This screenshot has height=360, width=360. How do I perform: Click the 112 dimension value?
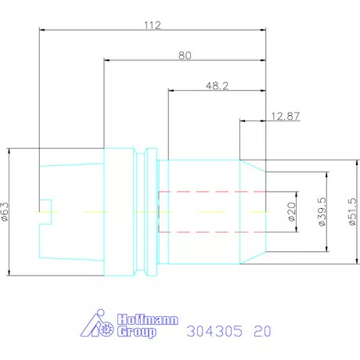153,25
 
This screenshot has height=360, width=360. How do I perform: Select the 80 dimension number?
185,56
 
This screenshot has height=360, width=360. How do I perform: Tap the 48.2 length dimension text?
217,85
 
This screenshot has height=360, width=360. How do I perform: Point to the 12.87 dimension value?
286,116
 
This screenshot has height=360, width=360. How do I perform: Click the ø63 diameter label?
5,212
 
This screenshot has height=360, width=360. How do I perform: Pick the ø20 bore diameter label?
292,212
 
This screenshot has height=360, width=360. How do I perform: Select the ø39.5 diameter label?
322,211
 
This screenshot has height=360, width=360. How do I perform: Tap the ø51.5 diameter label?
352,211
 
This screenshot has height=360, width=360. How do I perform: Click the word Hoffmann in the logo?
148,319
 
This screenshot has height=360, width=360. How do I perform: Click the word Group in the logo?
137,332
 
